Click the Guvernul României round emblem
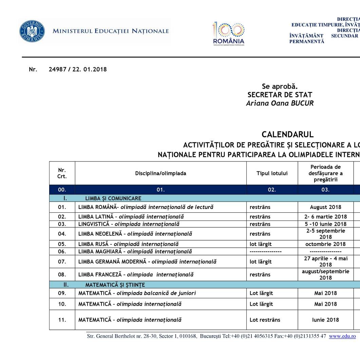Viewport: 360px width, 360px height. tap(32, 31)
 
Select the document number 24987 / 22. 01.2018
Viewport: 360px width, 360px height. tap(77, 70)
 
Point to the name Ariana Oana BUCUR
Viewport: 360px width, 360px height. tap(280, 103)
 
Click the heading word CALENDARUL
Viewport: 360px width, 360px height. tap(287, 135)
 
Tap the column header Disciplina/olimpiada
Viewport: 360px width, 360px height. tap(160, 173)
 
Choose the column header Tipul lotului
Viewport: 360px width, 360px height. tap(272, 173)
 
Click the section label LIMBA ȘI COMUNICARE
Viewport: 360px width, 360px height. tap(113, 198)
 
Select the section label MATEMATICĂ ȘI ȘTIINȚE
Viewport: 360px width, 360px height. tap(115, 285)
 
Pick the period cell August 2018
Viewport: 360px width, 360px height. tap(325, 207)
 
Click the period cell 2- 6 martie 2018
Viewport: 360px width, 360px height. tap(325, 217)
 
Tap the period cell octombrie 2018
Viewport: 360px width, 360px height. tap(325, 244)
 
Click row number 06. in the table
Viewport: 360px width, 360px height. tap(62, 251)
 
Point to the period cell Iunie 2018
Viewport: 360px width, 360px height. tap(325, 320)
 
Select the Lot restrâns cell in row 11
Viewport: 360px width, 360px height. tap(265, 320)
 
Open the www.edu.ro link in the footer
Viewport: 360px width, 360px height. tap(342, 336)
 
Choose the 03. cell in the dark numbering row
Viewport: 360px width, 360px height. tap(325, 190)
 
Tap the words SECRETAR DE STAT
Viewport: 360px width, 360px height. tap(280, 95)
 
